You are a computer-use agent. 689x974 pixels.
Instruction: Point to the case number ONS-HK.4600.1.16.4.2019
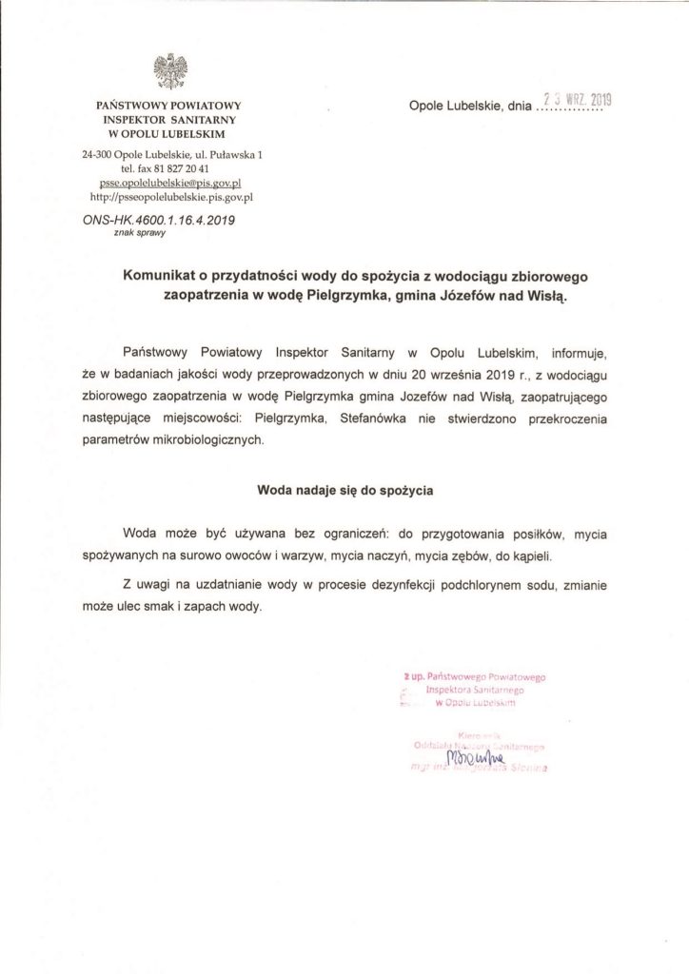(x=158, y=218)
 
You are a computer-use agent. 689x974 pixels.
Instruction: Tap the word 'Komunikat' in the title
(x=163, y=276)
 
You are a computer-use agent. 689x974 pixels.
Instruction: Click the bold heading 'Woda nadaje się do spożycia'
(x=344, y=492)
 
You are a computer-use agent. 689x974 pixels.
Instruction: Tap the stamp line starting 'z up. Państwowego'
(x=473, y=676)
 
